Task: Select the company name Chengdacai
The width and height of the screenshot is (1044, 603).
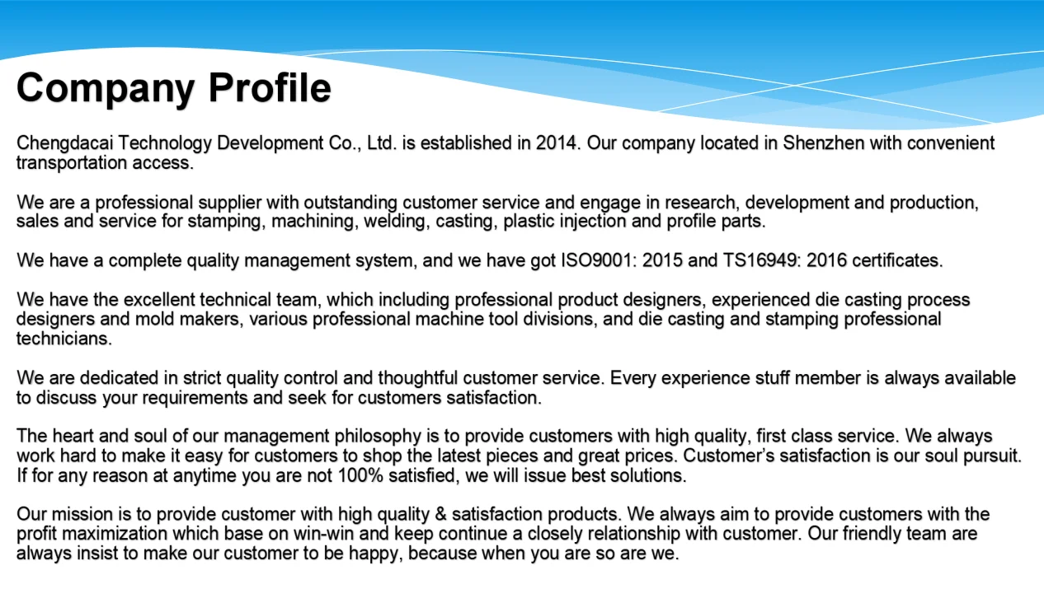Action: tap(64, 143)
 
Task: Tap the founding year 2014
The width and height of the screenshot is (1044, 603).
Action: tap(557, 143)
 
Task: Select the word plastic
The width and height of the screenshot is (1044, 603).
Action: tap(529, 221)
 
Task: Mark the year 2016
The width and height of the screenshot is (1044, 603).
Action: tap(826, 261)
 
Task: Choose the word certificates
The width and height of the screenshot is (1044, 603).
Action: tap(896, 261)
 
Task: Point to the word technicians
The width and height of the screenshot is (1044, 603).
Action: tap(63, 338)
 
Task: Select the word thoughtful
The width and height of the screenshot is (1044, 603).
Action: tap(417, 379)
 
